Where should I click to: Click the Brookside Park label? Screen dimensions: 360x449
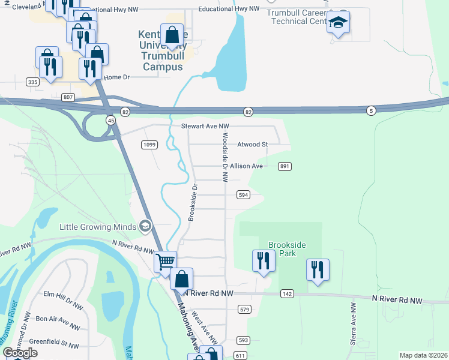(x=287, y=249)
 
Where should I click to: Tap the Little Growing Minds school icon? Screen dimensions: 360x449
(x=145, y=226)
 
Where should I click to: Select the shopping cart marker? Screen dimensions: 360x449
(x=165, y=262)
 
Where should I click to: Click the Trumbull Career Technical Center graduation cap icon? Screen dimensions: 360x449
(x=339, y=23)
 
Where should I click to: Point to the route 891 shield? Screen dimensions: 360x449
(x=285, y=166)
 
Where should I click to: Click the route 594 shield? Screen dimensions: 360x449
(x=243, y=195)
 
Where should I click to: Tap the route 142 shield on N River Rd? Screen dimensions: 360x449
(x=287, y=293)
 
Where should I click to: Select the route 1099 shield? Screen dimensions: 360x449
(x=149, y=145)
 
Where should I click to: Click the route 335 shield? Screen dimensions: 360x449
(x=33, y=81)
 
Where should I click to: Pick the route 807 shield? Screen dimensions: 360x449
(x=68, y=97)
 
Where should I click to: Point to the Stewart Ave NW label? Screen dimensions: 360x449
(x=205, y=127)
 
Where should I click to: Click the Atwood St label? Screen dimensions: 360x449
(x=252, y=145)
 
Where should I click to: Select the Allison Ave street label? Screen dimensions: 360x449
(x=247, y=166)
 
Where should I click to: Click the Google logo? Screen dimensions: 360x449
(x=20, y=353)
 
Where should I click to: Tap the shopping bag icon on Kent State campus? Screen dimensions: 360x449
(x=172, y=35)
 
